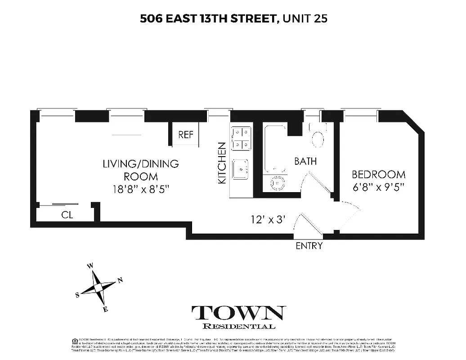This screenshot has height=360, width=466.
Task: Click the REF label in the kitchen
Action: tap(186, 135)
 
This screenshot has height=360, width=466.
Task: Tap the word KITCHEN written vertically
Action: tap(222, 163)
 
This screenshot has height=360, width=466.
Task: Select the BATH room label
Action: tap(305, 161)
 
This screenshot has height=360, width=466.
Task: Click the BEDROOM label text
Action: tap(378, 175)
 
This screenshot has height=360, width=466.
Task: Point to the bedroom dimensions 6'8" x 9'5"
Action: tap(378, 186)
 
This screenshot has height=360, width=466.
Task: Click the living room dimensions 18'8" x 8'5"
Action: tap(141, 189)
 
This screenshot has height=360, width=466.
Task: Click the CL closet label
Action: tap(67, 215)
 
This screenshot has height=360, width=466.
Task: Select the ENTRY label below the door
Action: tap(309, 246)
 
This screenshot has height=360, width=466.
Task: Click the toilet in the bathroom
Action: tap(318, 138)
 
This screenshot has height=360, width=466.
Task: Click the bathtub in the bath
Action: tap(275, 149)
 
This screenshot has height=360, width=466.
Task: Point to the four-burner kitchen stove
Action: tap(241, 139)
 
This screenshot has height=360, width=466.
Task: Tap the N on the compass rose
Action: tap(120, 281)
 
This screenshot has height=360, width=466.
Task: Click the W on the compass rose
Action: tap(90, 266)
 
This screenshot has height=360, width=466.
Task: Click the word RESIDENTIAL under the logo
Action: tap(239, 326)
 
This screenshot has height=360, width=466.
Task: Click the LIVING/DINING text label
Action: tap(141, 164)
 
